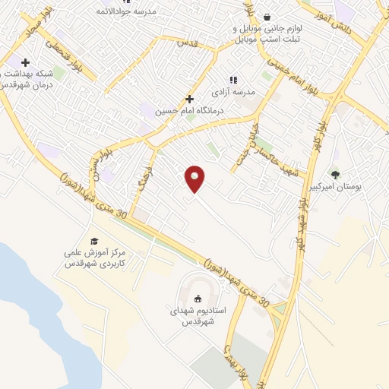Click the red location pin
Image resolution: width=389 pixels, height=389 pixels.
195,179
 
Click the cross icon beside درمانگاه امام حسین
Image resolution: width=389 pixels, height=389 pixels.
189,99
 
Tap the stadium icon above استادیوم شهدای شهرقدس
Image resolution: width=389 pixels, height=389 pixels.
198,299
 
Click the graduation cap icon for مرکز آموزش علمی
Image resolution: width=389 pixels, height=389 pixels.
94,241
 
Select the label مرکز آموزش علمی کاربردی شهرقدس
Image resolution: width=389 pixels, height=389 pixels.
93,258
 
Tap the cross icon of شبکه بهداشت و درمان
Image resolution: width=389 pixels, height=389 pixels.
25,62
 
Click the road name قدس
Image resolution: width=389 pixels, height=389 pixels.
186,43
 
